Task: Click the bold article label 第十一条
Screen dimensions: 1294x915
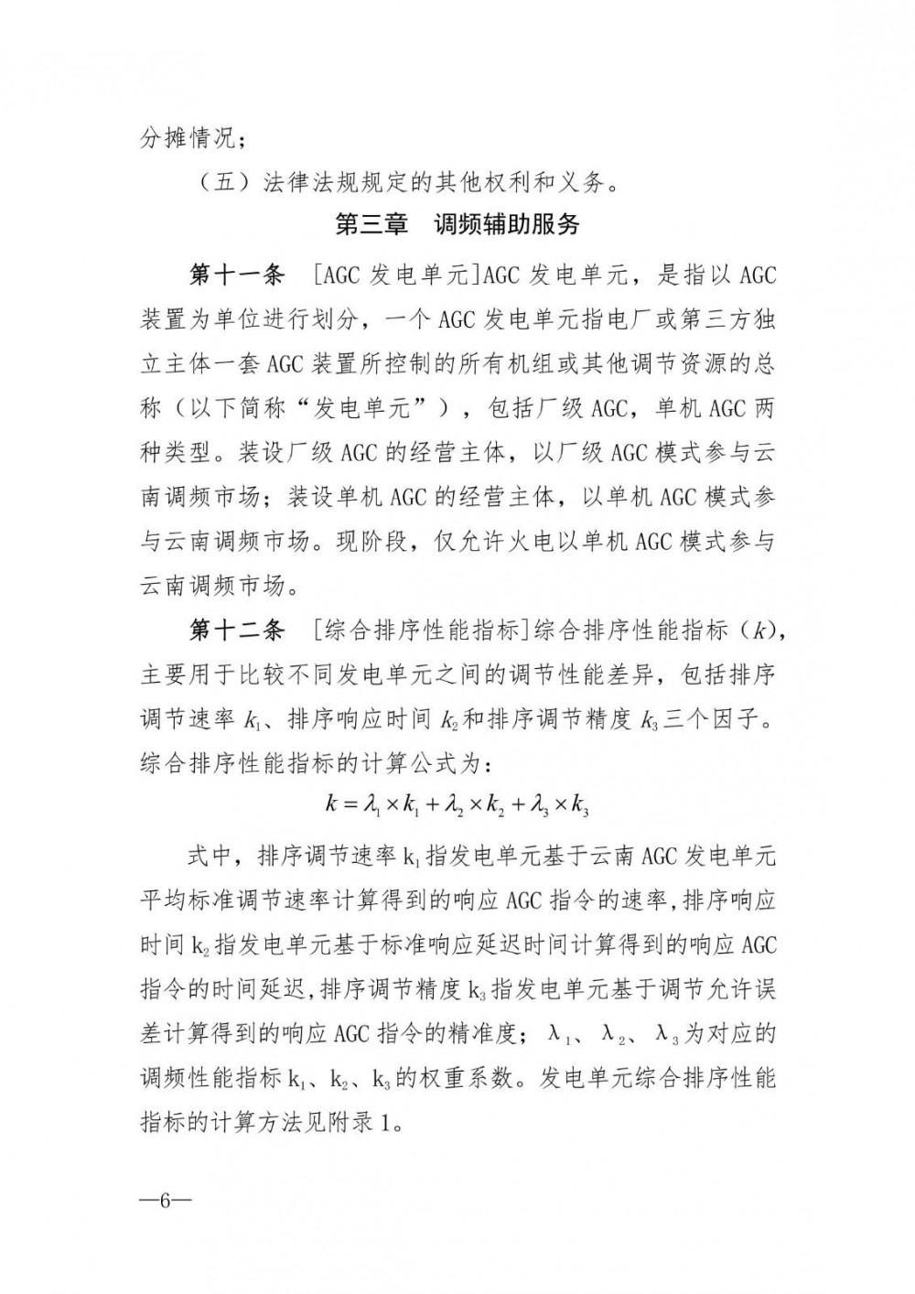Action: (x=237, y=275)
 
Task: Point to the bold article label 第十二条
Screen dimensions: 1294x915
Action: (x=237, y=630)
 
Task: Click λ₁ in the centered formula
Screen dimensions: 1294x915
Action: (x=372, y=805)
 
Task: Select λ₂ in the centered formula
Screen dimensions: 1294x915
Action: (x=453, y=805)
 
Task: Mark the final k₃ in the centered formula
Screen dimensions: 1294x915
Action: (x=579, y=805)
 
